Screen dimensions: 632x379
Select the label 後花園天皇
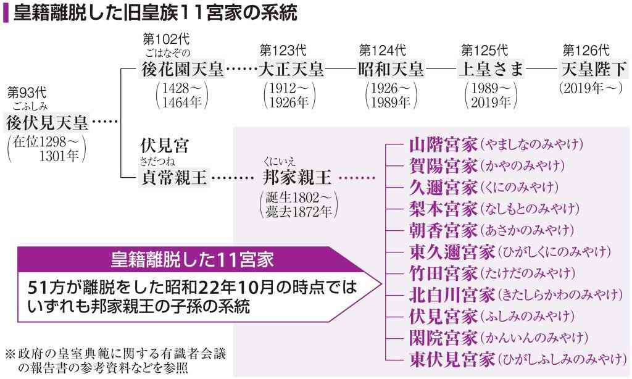click(x=183, y=69)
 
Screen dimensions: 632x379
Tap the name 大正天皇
click(x=291, y=69)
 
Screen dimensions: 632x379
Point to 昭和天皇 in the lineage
click(x=391, y=69)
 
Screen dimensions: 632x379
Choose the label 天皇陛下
click(x=594, y=69)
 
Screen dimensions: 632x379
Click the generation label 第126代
click(x=586, y=51)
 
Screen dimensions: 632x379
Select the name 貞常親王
click(x=174, y=177)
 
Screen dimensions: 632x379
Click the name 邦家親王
click(x=297, y=177)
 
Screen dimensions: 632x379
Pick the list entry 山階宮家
click(x=443, y=144)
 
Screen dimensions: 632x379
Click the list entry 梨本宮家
click(x=443, y=209)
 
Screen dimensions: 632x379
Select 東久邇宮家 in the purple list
click(x=452, y=252)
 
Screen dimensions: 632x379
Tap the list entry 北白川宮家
click(x=452, y=294)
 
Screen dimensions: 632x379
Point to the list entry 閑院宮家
click(x=443, y=338)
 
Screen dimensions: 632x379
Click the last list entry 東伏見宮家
click(x=452, y=359)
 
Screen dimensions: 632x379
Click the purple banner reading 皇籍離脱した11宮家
click(x=193, y=260)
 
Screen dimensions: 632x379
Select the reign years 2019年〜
click(x=591, y=88)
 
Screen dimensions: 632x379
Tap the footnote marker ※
click(x=10, y=354)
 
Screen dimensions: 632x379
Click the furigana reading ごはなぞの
click(x=168, y=54)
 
